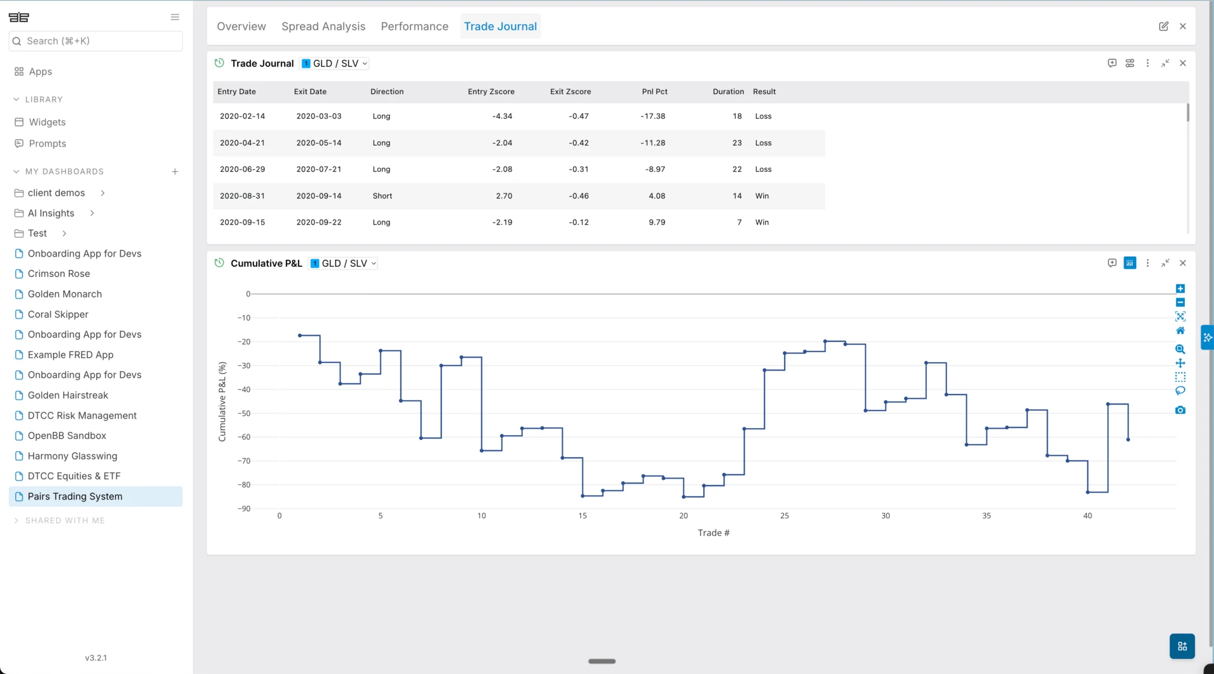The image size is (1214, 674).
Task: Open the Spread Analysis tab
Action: (x=323, y=27)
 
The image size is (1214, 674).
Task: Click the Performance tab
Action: (x=414, y=27)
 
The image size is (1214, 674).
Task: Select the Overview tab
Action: (x=241, y=27)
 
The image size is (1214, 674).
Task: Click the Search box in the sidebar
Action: (x=96, y=41)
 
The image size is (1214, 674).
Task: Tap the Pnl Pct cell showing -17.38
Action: (x=653, y=116)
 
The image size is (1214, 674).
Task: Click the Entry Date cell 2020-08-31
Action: (x=242, y=196)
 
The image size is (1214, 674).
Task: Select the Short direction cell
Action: (x=382, y=196)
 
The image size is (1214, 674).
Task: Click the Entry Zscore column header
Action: (x=491, y=92)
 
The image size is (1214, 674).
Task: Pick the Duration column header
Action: (x=728, y=92)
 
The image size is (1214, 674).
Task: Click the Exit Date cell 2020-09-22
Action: (x=319, y=223)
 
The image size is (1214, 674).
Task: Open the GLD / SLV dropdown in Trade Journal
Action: (x=335, y=64)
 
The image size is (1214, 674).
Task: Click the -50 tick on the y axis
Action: (x=244, y=414)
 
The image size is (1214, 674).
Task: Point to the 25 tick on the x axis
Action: (x=784, y=516)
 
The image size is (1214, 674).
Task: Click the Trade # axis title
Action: (x=713, y=533)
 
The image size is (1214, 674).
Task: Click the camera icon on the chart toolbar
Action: (x=1180, y=410)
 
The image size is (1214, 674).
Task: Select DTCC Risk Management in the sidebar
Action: (x=82, y=415)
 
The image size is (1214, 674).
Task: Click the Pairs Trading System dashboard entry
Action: (x=75, y=496)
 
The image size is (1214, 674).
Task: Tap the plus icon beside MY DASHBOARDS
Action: (x=175, y=172)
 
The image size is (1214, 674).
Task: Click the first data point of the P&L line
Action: (x=300, y=336)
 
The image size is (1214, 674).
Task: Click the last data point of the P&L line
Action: (x=1128, y=439)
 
